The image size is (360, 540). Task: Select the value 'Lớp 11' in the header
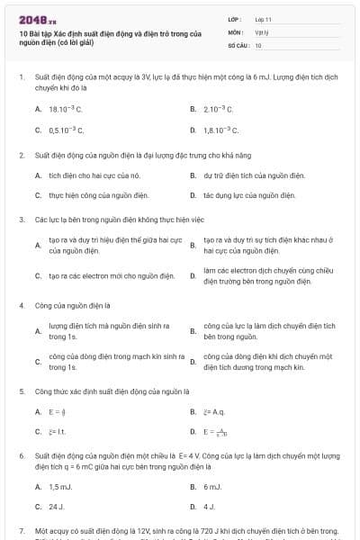pyautogui.click(x=263, y=18)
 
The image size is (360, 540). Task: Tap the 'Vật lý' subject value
pyautogui.click(x=261, y=31)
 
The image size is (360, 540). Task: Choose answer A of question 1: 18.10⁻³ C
pyautogui.click(x=65, y=109)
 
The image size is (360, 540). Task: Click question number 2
pyautogui.click(x=21, y=155)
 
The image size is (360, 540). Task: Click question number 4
pyautogui.click(x=21, y=305)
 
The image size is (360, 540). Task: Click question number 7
pyautogui.click(x=21, y=532)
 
